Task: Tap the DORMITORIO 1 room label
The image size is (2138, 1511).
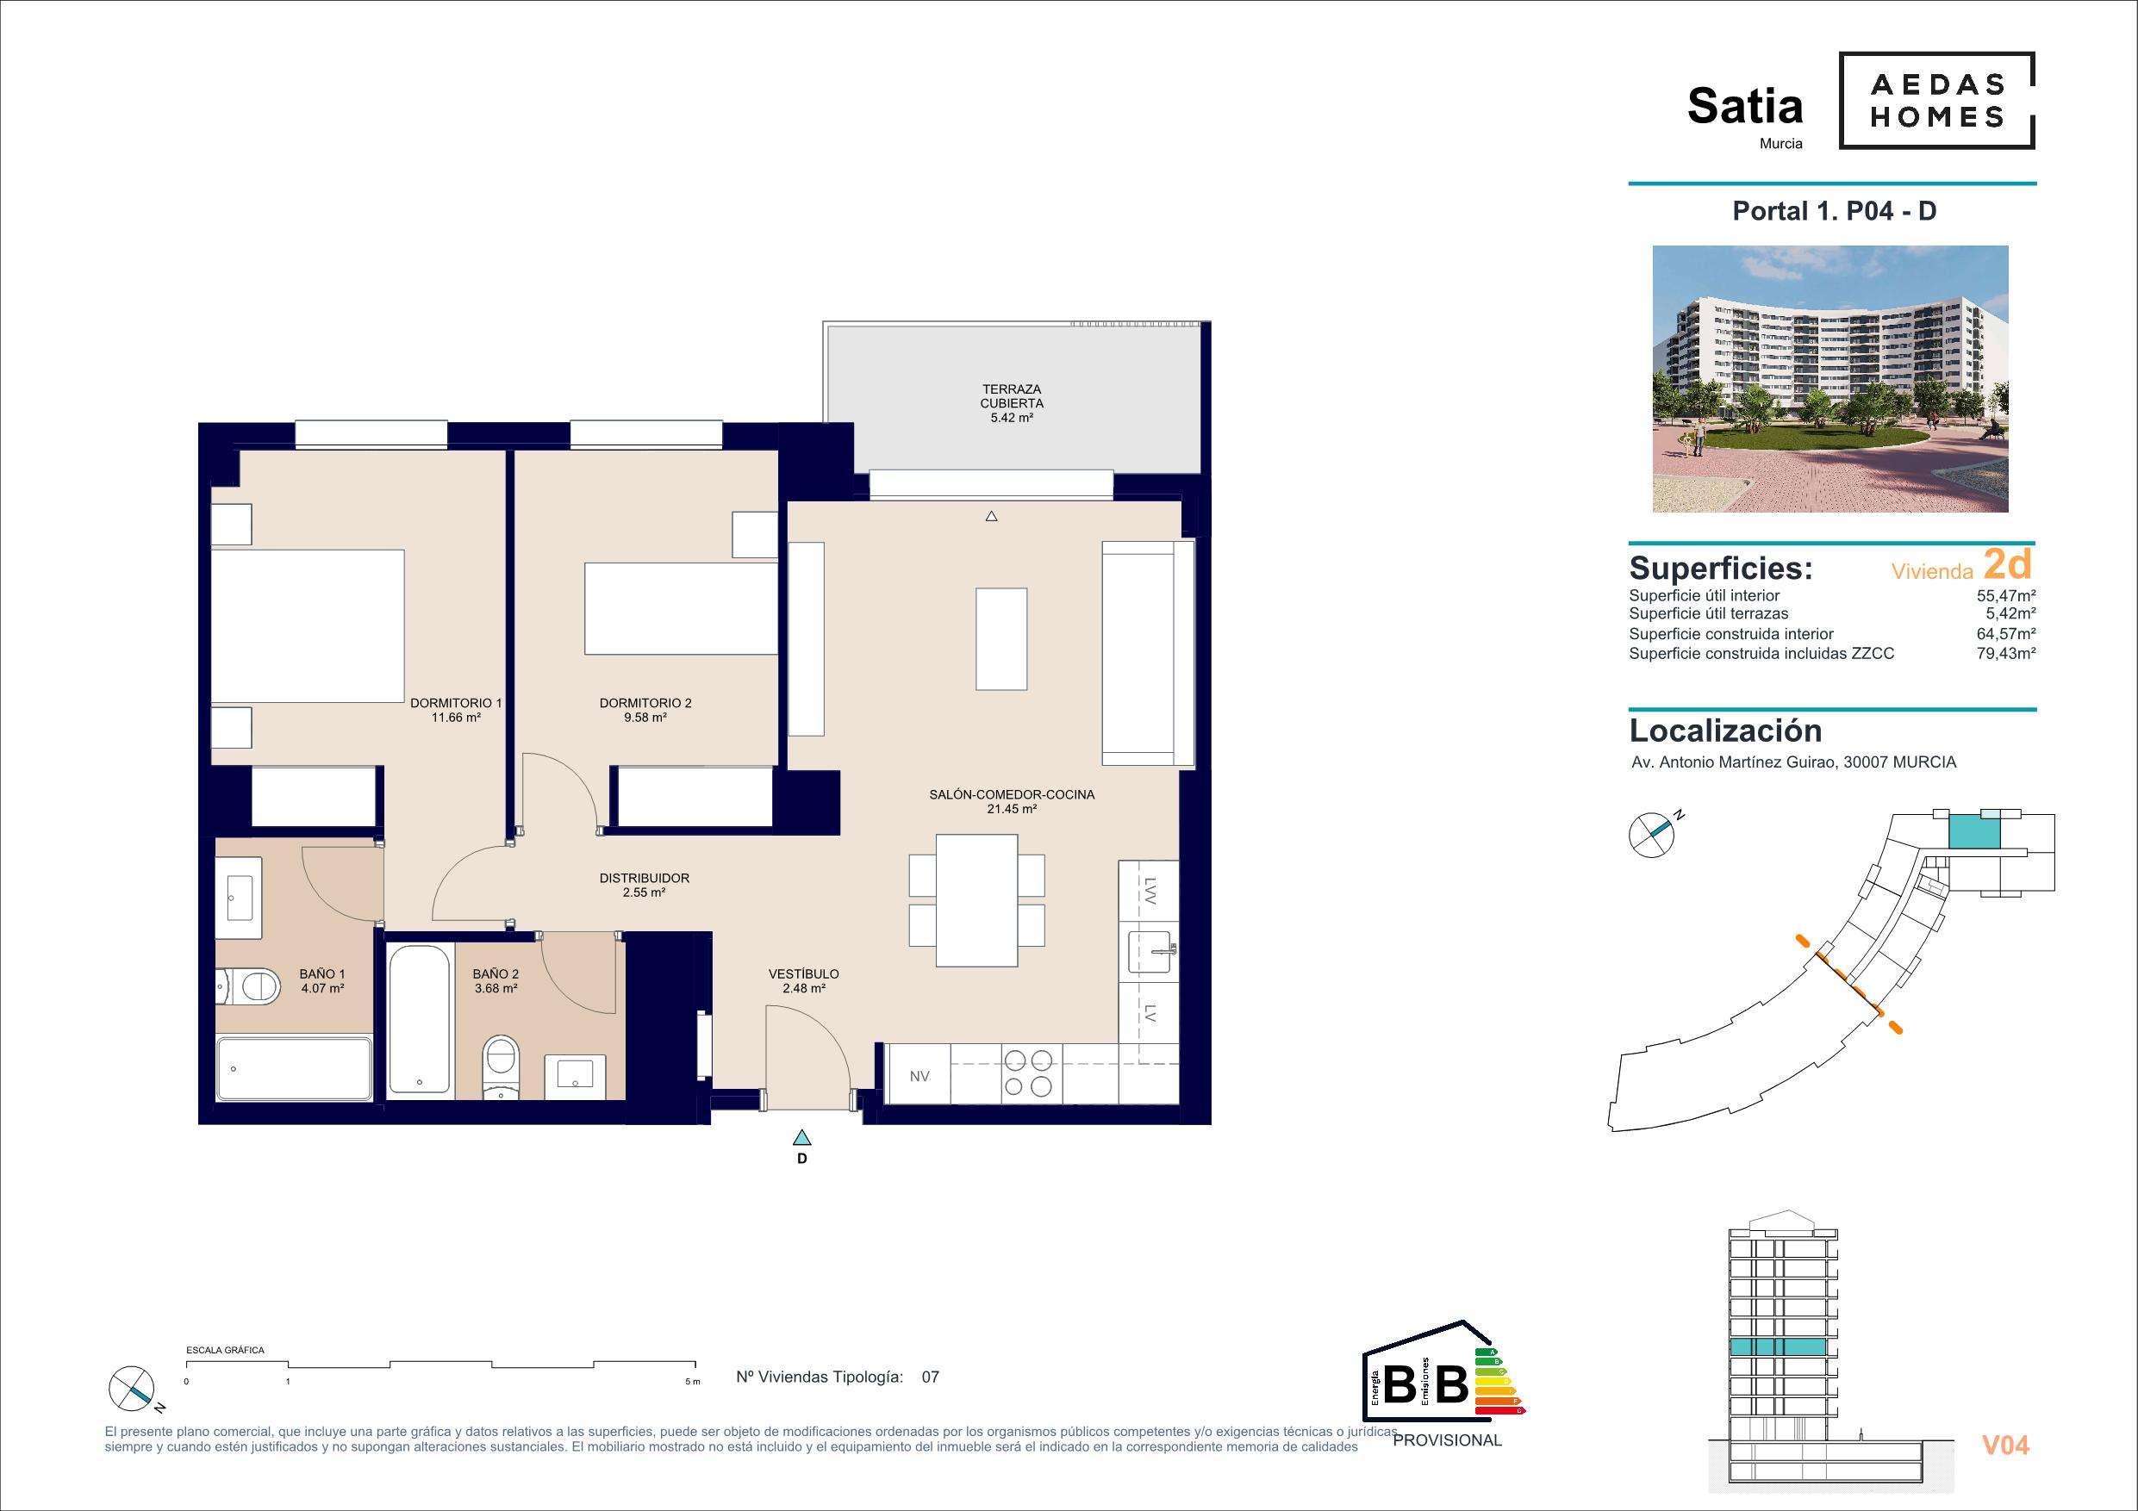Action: coord(456,711)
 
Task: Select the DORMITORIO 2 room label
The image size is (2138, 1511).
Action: coord(645,711)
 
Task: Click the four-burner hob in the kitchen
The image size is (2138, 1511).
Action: coord(1031,1073)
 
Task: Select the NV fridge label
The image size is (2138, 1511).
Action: coord(920,1076)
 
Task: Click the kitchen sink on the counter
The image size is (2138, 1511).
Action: coord(1151,951)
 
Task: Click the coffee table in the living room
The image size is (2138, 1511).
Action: coord(1002,638)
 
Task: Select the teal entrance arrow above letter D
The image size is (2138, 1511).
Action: coord(801,1137)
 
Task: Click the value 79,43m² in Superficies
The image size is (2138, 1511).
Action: coord(2010,654)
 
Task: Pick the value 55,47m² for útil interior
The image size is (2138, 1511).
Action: coord(2010,596)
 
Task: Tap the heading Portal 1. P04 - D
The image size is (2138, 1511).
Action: coord(1834,211)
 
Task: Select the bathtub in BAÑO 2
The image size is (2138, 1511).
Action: coord(420,1018)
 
